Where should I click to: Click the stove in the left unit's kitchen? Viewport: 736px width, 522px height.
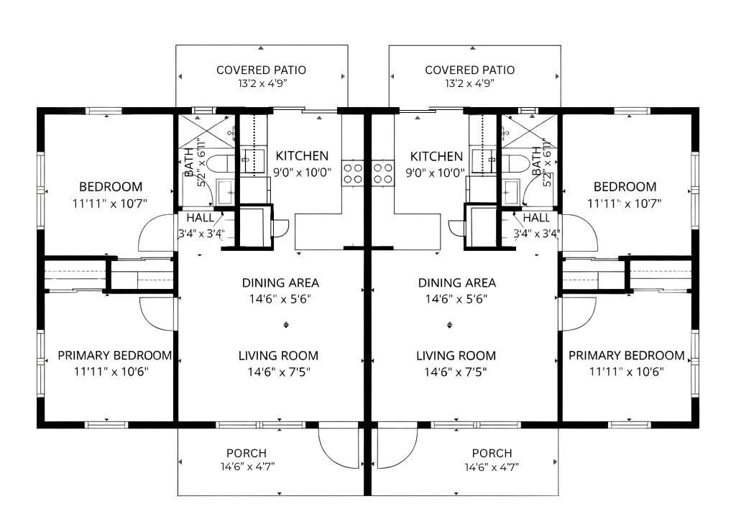point(353,173)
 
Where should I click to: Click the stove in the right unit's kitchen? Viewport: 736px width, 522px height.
point(383,173)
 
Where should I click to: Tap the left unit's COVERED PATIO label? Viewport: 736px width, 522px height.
point(261,70)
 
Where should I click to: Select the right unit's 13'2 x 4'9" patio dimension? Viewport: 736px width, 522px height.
point(469,83)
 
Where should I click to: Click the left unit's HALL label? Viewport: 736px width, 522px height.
point(199,218)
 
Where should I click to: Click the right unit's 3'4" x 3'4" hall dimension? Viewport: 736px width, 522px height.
point(536,233)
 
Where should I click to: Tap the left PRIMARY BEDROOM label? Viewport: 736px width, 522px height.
point(114,355)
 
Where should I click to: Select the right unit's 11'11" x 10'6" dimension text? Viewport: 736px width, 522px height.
point(625,372)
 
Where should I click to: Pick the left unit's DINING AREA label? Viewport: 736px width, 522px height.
point(280,283)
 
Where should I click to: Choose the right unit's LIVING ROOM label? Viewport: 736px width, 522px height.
point(456,355)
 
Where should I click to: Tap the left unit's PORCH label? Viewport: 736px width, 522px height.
point(246,453)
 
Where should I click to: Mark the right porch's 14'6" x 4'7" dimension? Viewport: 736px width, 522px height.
point(492,467)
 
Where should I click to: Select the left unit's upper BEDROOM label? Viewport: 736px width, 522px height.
point(111,186)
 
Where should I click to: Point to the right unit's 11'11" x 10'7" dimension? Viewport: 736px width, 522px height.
point(625,203)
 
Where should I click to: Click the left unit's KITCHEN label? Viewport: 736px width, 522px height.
point(302,156)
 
